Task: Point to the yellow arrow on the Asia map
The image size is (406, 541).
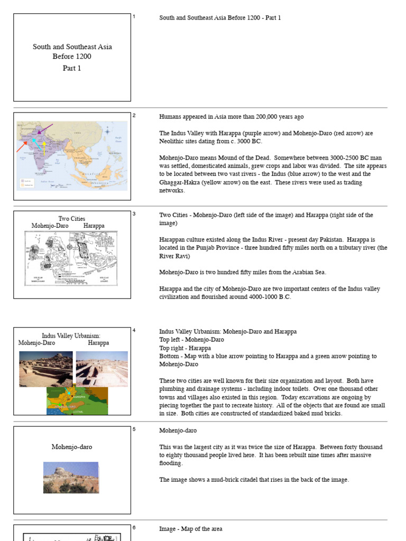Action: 44,145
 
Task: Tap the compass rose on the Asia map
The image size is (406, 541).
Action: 108,130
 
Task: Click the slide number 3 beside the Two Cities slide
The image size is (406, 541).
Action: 134,214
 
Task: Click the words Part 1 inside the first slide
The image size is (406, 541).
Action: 72,68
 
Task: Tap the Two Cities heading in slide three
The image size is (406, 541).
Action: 71,219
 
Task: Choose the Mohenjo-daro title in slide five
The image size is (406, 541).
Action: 72,447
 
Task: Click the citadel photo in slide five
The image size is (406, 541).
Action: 71,478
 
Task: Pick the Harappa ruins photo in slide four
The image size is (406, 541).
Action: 101,368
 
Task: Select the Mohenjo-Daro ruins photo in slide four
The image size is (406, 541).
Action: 46,369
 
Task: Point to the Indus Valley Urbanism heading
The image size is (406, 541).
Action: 71,336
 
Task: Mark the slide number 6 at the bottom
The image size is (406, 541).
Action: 134,528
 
